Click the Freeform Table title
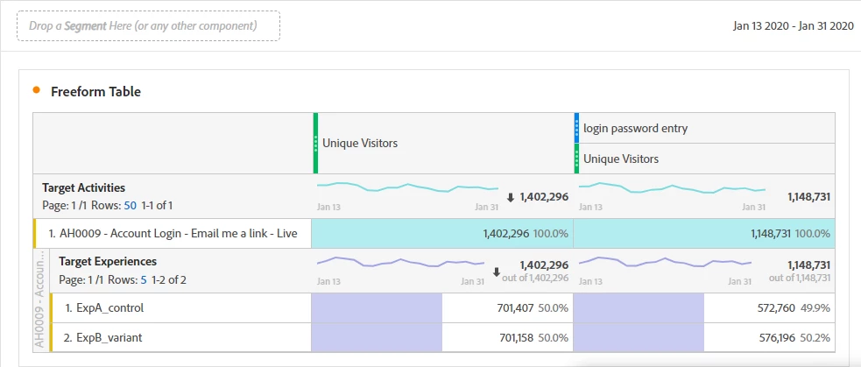pos(95,91)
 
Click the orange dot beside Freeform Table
pos(36,89)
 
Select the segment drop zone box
pos(148,26)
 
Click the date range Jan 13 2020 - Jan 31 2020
pos(793,26)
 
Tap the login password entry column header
pos(636,128)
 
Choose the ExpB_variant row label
pos(102,337)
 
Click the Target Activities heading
pos(83,187)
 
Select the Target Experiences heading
pos(108,261)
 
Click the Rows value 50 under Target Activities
pos(130,205)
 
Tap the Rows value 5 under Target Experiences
pos(143,280)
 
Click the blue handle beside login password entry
pos(576,128)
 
